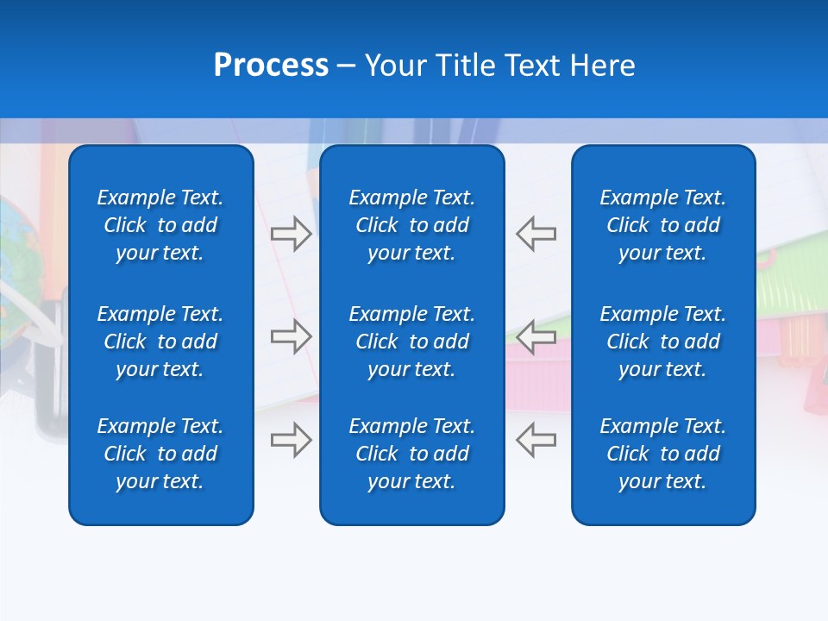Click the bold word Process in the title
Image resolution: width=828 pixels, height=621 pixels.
(271, 66)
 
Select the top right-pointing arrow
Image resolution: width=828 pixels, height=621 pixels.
(291, 233)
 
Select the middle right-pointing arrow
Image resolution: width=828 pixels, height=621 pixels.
(291, 336)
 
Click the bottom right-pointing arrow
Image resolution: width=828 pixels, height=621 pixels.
(291, 440)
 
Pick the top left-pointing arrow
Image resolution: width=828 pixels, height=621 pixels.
(536, 233)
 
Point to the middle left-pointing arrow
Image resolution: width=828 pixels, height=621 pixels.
(536, 336)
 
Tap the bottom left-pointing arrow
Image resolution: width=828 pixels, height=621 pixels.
(536, 440)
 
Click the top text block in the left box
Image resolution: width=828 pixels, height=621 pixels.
(160, 225)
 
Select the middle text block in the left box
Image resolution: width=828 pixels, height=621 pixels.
(160, 342)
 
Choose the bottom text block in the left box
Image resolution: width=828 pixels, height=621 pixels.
(160, 454)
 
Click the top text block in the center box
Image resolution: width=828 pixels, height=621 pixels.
(411, 225)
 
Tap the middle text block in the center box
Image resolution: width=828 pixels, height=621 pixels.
(411, 342)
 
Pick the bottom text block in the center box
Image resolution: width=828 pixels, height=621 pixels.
(411, 454)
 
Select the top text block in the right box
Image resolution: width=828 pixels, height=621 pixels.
(662, 225)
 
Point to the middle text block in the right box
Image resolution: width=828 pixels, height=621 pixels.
(662, 342)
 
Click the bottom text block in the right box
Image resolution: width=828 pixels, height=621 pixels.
(662, 454)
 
